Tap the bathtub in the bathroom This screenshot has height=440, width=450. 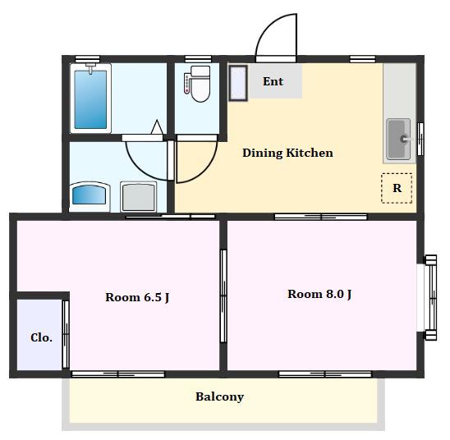pyautogui.click(x=90, y=99)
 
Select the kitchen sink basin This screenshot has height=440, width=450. pyautogui.click(x=398, y=139)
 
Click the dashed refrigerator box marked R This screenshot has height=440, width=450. pyautogui.click(x=397, y=188)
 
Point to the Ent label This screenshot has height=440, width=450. pyautogui.click(x=273, y=81)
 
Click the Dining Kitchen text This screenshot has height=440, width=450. pyautogui.click(x=287, y=153)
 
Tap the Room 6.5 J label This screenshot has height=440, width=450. pyautogui.click(x=137, y=297)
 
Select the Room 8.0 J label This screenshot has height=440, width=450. pyautogui.click(x=319, y=294)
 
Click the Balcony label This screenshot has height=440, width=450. pyautogui.click(x=219, y=396)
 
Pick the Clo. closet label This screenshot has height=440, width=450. pyautogui.click(x=41, y=337)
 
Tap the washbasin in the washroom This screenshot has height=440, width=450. pyautogui.click(x=90, y=195)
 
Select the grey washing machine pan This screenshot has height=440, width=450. pyautogui.click(x=139, y=196)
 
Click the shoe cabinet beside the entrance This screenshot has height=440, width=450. pyautogui.click(x=238, y=83)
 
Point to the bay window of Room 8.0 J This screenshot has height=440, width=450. pyautogui.click(x=430, y=298)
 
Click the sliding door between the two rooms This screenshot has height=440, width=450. pyautogui.click(x=223, y=296)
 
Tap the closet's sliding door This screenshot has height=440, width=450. pyautogui.click(x=66, y=334)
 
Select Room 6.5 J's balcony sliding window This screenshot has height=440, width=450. pyautogui.click(x=118, y=374)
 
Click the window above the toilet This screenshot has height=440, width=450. pyautogui.click(x=198, y=59)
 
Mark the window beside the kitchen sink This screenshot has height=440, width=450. pyautogui.click(x=420, y=139)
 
